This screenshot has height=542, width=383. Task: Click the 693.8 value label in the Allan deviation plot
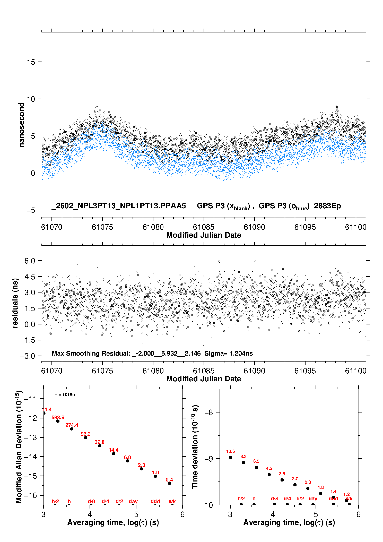point(58,417)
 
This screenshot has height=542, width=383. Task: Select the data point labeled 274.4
point(72,429)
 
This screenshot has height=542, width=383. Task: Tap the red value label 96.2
point(85,434)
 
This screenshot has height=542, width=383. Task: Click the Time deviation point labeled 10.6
point(231,457)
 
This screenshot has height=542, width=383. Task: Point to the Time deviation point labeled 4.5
point(269,475)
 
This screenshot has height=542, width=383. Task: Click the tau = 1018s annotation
point(65,395)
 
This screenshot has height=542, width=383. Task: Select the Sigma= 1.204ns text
point(229,353)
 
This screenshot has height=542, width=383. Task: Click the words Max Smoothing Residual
point(91,353)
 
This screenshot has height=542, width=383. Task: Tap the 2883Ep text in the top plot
point(327,206)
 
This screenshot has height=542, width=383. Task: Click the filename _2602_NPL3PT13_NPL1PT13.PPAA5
point(118,206)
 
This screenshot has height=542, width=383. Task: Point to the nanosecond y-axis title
point(21,125)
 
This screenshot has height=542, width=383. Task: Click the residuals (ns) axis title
point(15,303)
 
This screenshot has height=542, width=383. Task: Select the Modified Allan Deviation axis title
point(19,447)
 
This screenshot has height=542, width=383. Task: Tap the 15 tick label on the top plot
point(31,62)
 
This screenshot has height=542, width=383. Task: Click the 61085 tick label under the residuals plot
point(204,371)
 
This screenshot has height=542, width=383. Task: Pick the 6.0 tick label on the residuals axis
point(30,261)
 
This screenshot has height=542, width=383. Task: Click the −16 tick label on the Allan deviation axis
point(30,495)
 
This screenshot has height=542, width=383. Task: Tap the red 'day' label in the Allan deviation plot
point(133,501)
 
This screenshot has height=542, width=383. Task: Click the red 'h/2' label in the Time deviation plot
point(241,498)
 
